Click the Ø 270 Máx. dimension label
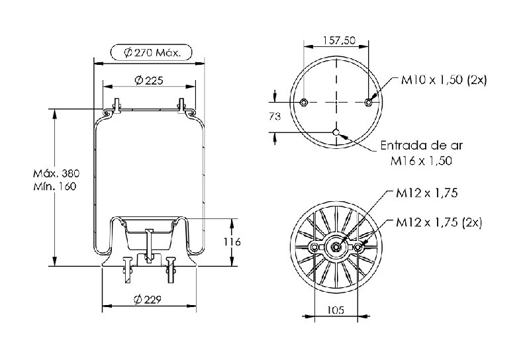point(152,52)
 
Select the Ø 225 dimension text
point(149,80)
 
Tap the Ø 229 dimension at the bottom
point(148,299)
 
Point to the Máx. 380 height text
point(56,173)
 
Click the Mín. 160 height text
point(54,187)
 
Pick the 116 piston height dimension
point(232,242)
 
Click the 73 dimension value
point(275,116)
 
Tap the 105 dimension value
point(336,310)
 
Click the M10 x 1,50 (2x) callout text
point(444,79)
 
